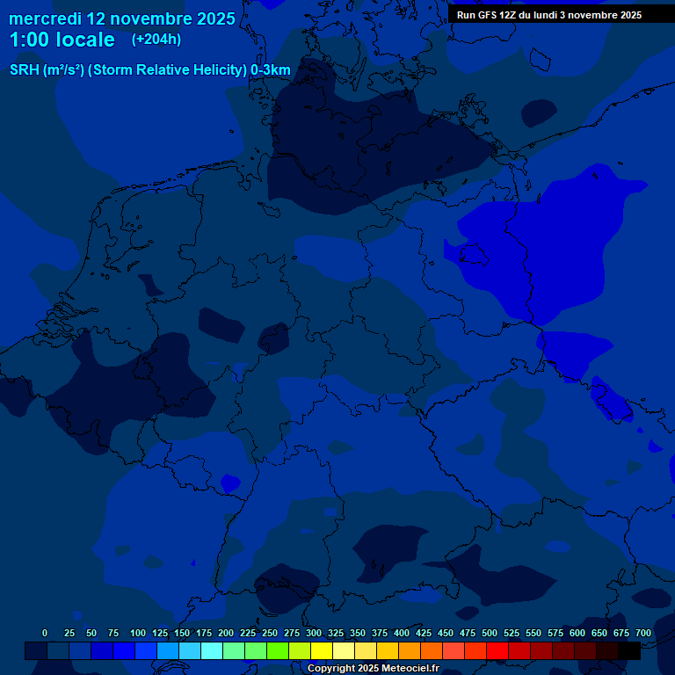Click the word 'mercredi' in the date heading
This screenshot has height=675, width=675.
(x=45, y=18)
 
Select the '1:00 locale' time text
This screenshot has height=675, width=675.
(x=62, y=40)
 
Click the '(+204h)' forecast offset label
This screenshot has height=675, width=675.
(x=156, y=40)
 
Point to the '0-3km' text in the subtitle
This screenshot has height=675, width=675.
(x=270, y=69)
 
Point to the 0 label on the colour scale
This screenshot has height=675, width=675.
(x=45, y=633)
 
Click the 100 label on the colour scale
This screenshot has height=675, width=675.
(x=138, y=633)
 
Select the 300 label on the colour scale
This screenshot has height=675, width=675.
(x=314, y=633)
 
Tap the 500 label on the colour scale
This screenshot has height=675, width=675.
(x=490, y=633)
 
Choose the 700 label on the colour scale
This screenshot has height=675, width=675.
(x=643, y=633)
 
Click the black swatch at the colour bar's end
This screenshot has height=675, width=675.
(x=629, y=650)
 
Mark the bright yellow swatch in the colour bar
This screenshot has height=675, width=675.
(x=322, y=650)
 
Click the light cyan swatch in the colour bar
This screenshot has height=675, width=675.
(x=212, y=650)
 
